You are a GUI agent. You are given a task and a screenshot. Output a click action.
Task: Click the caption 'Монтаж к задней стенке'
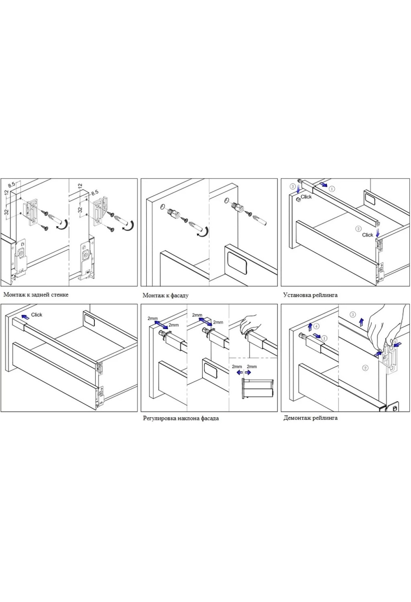click(36, 295)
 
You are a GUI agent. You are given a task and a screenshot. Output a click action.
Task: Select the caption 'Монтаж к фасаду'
click(165, 295)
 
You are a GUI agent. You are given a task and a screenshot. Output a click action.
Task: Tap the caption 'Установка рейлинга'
click(310, 295)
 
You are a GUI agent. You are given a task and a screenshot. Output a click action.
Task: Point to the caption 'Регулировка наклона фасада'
click(181, 418)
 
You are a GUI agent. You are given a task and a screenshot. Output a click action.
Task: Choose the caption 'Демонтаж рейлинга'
click(310, 418)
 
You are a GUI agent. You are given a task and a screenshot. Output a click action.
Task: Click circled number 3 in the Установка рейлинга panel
click(292, 186)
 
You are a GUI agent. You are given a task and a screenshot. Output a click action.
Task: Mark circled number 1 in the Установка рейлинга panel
click(332, 188)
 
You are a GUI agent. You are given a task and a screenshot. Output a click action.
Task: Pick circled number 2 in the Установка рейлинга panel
click(359, 228)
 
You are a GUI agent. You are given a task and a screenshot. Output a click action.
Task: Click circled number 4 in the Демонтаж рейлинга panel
click(316, 326)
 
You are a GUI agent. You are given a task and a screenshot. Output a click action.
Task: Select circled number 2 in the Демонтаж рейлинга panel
click(365, 368)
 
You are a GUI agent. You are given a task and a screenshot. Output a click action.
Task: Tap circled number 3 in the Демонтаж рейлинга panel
click(353, 315)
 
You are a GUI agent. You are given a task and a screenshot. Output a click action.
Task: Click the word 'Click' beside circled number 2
click(368, 235)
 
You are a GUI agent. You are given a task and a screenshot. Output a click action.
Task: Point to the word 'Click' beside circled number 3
click(306, 197)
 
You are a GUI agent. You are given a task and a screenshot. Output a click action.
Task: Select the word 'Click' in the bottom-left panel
click(37, 315)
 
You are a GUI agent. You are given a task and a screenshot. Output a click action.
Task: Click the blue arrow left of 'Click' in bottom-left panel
click(25, 317)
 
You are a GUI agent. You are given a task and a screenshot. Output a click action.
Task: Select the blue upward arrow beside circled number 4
click(310, 326)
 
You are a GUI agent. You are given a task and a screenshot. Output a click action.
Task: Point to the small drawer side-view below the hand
click(258, 388)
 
